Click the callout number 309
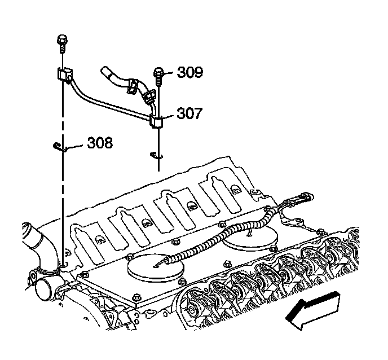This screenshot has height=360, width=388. click(x=189, y=72)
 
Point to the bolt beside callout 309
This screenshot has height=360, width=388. click(x=158, y=73)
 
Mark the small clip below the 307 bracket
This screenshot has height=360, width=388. click(x=155, y=155)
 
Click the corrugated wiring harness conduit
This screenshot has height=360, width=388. click(x=226, y=237)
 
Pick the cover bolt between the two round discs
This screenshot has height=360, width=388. click(x=225, y=264)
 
